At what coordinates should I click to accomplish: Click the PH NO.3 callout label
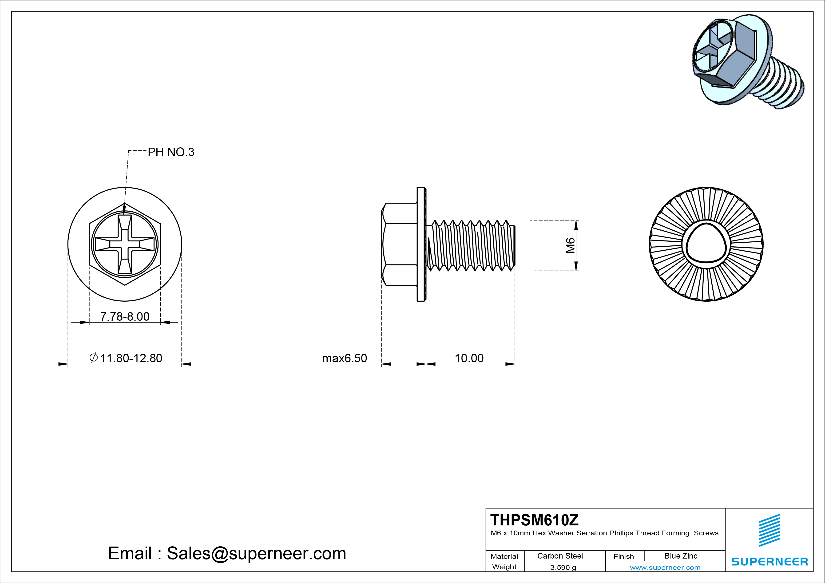(x=171, y=152)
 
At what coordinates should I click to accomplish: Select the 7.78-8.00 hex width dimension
(x=125, y=316)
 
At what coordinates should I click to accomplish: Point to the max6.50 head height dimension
(x=345, y=358)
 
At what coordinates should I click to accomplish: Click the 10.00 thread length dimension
(x=469, y=358)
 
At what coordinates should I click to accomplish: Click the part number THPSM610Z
(x=534, y=520)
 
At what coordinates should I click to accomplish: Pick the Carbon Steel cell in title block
(x=560, y=556)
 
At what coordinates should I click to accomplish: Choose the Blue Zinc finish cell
(x=681, y=556)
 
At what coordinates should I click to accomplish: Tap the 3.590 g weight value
(x=563, y=567)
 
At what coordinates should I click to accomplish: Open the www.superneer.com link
(x=665, y=567)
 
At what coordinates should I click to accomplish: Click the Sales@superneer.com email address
(x=256, y=553)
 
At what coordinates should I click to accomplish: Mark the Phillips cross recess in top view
(x=125, y=244)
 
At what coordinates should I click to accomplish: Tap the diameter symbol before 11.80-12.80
(x=93, y=358)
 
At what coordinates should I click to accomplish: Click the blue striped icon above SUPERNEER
(x=769, y=530)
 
